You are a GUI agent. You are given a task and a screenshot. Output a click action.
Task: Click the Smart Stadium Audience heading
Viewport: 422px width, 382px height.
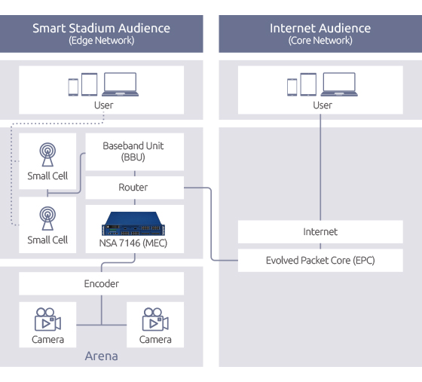coord(101,28)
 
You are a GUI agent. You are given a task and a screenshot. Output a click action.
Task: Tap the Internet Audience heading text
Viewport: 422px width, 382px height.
coord(320,28)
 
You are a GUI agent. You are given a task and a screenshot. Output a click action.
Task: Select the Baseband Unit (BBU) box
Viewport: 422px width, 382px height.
coord(135,151)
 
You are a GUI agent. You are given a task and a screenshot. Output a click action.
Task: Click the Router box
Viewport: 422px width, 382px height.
coord(135,188)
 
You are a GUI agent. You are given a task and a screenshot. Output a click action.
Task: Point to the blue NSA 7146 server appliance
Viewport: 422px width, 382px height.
coord(133,224)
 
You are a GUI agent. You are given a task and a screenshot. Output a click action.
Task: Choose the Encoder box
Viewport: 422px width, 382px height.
coord(102,283)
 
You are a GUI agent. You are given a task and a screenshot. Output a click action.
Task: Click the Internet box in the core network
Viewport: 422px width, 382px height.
coord(320,232)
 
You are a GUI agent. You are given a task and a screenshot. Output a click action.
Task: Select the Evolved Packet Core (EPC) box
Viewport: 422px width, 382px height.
coord(320,261)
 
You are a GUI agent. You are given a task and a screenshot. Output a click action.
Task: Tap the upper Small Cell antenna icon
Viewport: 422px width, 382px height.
coord(47,154)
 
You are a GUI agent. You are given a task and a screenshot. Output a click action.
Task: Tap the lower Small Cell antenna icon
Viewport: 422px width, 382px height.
coord(47,219)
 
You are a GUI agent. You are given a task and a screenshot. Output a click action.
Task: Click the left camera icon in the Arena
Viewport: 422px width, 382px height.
coord(47,319)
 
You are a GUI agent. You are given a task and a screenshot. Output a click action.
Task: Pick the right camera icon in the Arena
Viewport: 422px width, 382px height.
coord(155,319)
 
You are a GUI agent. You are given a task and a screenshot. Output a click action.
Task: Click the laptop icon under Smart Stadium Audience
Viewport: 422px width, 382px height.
coord(120,84)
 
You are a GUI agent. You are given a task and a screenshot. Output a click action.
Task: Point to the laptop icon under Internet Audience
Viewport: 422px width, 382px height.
coord(339,84)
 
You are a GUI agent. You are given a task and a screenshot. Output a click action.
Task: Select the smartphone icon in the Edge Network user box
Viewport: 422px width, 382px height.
coord(73,87)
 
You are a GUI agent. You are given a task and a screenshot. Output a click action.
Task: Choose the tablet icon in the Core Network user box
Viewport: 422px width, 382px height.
coord(308,84)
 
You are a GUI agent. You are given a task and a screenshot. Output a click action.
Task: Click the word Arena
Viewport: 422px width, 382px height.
coord(102,356)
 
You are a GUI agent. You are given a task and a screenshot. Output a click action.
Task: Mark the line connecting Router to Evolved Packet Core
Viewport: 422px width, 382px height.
coord(211,224)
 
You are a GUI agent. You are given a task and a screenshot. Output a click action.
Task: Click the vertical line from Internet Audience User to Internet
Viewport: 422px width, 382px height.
coord(320,167)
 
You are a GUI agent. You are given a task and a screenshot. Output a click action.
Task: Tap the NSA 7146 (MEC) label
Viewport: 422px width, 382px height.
coord(133,243)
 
